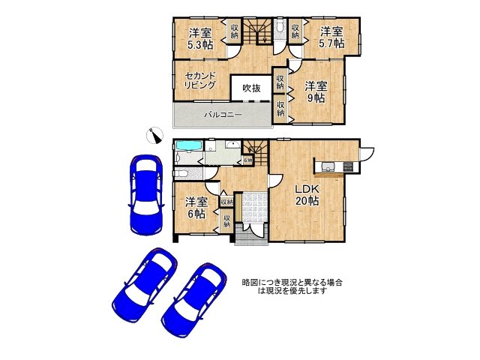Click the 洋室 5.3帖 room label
pos(199,39)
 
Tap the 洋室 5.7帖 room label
pos(332,38)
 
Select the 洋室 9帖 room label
pos(315,92)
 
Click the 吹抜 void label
pos(251,88)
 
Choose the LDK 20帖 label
pos(307,195)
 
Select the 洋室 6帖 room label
pos(196,208)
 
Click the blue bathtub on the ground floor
pos(187,146)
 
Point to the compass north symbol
pos(157,134)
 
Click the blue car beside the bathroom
pos(145,193)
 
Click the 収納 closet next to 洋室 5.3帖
pos(235,31)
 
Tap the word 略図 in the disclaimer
pos(249,282)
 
